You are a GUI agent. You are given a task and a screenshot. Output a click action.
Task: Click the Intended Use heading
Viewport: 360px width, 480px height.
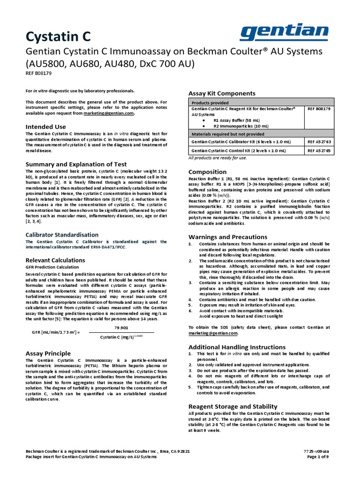coord(45,127)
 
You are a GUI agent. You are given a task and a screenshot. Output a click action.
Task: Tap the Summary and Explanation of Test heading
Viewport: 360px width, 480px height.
coord(76,164)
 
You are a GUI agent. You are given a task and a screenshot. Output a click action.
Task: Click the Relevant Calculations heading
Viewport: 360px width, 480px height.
coord(55,260)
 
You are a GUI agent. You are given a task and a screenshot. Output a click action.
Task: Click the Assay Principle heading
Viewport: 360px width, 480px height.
coord(48,353)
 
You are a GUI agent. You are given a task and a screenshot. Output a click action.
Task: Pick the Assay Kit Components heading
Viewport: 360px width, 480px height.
coord(222,93)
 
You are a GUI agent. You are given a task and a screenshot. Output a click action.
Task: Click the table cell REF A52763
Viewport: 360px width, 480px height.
coord(319,141)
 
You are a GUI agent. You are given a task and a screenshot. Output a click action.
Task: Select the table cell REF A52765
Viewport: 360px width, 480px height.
coord(319,150)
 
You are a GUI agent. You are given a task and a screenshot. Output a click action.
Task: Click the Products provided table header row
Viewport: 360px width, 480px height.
coord(261,102)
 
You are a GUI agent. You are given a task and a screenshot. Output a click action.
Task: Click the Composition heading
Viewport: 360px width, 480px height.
coord(207,172)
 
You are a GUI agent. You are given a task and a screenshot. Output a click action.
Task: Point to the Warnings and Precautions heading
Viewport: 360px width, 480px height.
coord(228,237)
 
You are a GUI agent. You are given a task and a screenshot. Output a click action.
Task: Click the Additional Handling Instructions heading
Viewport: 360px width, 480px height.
coord(237,346)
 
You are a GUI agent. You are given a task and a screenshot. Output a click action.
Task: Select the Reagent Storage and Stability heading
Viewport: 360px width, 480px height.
coord(232,406)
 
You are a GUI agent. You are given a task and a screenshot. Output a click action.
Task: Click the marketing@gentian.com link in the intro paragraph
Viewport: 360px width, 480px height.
coord(110,113)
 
